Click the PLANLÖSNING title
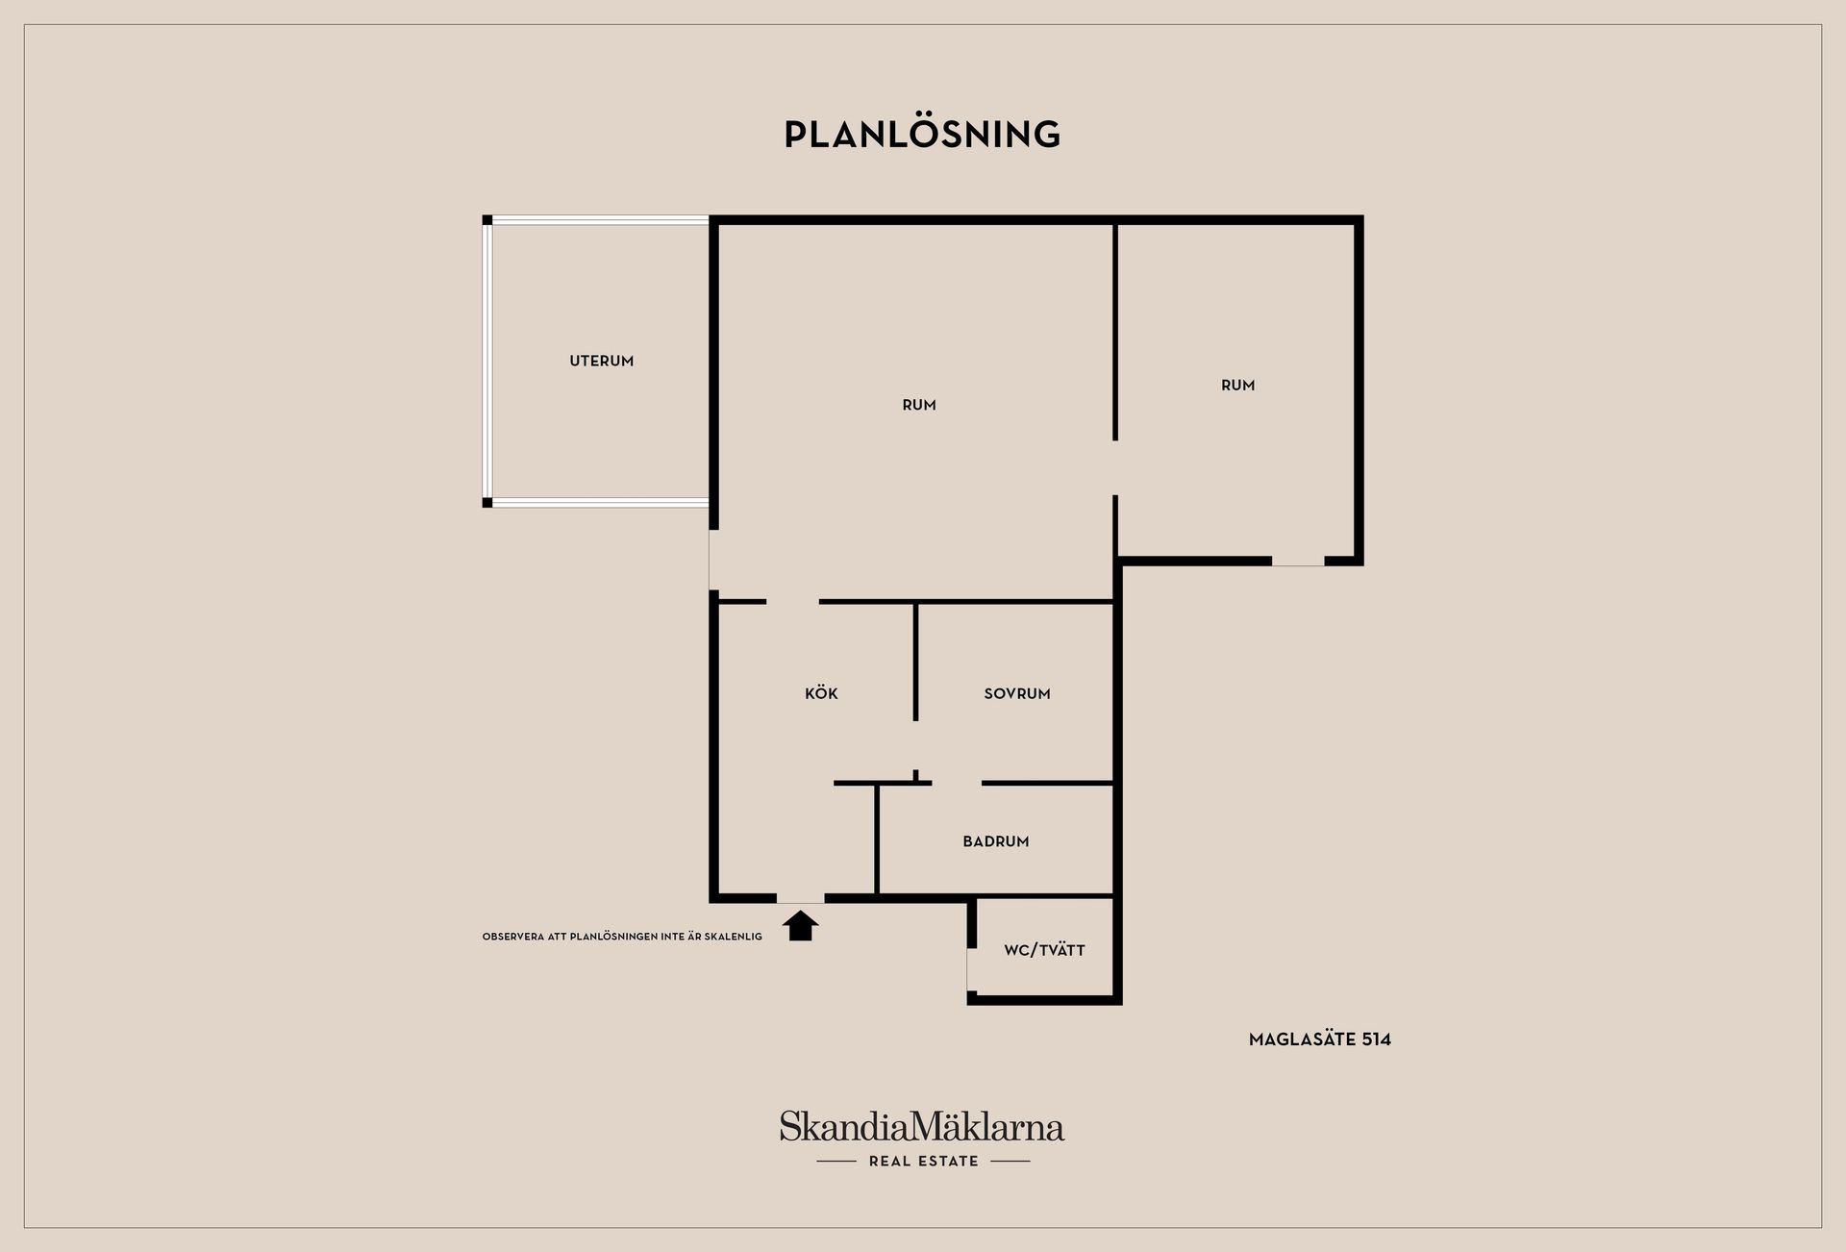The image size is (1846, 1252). click(x=922, y=135)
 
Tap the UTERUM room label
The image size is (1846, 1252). click(x=602, y=362)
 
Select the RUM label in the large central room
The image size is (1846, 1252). click(x=919, y=405)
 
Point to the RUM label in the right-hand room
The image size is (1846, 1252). click(x=1237, y=386)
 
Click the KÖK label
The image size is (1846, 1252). click(x=821, y=693)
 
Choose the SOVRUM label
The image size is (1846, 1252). click(x=1017, y=693)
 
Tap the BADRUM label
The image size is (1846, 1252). click(x=996, y=841)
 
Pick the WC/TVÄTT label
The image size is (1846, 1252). click(x=1044, y=950)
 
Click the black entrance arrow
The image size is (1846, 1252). click(x=800, y=926)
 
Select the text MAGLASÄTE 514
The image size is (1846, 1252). click(x=1320, y=1039)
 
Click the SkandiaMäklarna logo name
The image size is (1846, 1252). click(x=922, y=1126)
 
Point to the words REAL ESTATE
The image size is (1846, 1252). click(x=924, y=1161)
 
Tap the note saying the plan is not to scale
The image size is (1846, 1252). click(x=622, y=937)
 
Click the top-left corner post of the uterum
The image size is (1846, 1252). click(x=487, y=220)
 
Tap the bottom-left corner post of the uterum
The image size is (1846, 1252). click(x=487, y=502)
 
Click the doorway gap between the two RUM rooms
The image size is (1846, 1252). click(x=1115, y=467)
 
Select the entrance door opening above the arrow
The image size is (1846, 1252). click(x=800, y=898)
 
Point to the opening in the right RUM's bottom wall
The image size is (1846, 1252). click(x=1298, y=561)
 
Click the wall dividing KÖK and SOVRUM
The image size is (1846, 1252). click(x=915, y=662)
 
